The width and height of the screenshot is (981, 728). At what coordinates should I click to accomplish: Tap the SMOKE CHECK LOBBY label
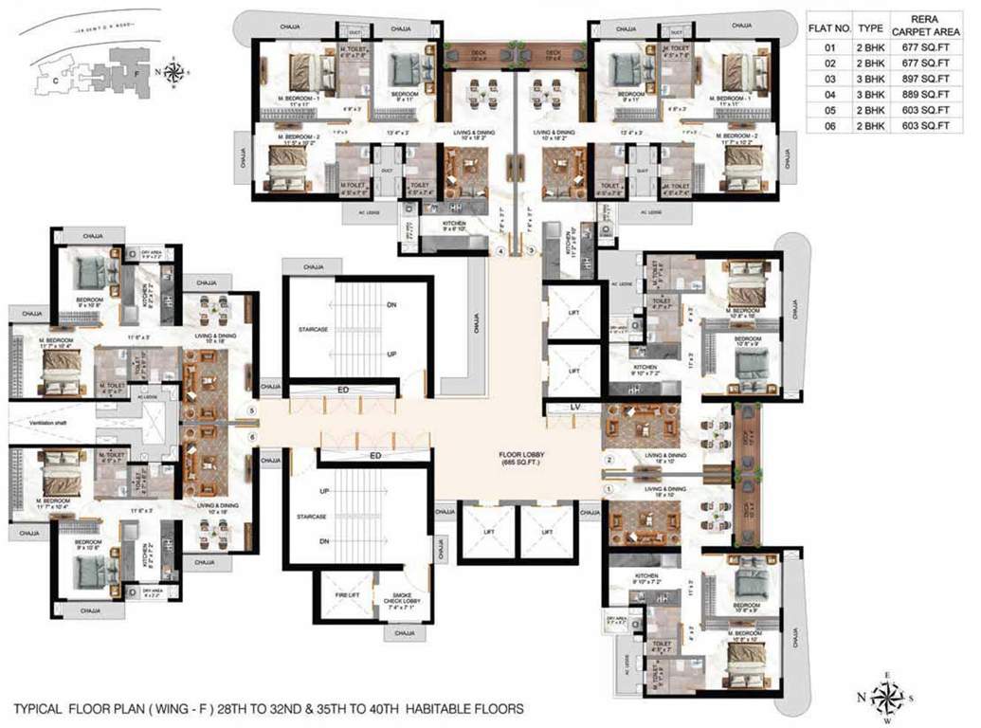click(396, 598)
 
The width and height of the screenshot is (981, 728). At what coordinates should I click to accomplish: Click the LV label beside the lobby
click(574, 409)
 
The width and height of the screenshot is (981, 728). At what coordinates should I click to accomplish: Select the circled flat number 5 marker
click(251, 411)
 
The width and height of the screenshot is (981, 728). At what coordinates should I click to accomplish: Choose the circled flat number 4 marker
click(501, 250)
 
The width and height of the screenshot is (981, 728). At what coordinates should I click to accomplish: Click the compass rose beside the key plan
click(174, 71)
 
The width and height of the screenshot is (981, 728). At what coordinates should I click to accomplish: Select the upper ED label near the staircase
click(347, 389)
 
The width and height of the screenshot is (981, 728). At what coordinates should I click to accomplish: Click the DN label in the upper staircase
click(391, 305)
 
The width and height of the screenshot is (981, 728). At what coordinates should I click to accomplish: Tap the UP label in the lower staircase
click(325, 492)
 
